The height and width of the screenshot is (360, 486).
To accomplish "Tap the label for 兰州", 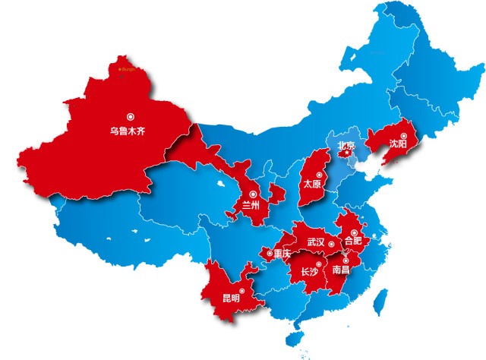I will (251, 205).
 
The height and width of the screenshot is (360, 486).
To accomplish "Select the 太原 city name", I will (312, 184).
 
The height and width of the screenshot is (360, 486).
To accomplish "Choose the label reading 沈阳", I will (397, 143).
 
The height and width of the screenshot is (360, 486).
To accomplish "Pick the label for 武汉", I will (315, 242).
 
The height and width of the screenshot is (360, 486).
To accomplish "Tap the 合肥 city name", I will (354, 241).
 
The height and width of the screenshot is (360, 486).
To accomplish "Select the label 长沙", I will (310, 272).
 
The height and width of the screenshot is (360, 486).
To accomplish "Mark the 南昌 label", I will (342, 269).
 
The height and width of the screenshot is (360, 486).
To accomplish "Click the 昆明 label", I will (230, 298).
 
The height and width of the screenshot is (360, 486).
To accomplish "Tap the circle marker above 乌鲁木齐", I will (131, 117).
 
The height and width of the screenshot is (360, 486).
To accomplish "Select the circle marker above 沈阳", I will (403, 134).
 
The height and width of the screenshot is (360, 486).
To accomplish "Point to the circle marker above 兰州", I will (252, 194).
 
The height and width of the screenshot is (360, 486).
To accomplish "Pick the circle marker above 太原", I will (318, 173).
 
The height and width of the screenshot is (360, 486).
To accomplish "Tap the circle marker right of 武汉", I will (332, 244).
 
